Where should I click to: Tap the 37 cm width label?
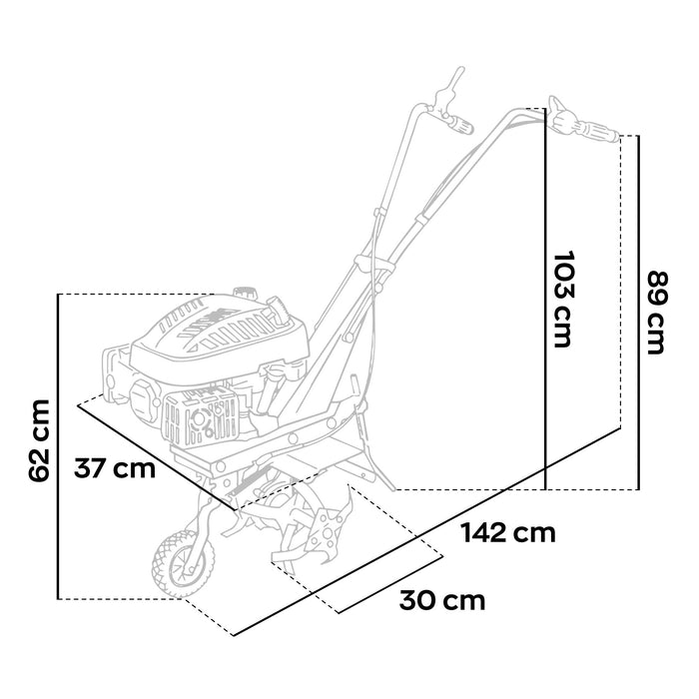pyautogui.click(x=116, y=468)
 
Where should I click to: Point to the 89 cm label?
pyautogui.click(x=656, y=312)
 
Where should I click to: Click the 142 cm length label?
pyautogui.click(x=508, y=531)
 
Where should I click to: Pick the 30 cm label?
pyautogui.click(x=442, y=600)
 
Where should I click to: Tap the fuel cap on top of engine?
pyautogui.click(x=243, y=294)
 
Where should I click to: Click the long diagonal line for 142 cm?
pyautogui.click(x=429, y=529)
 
